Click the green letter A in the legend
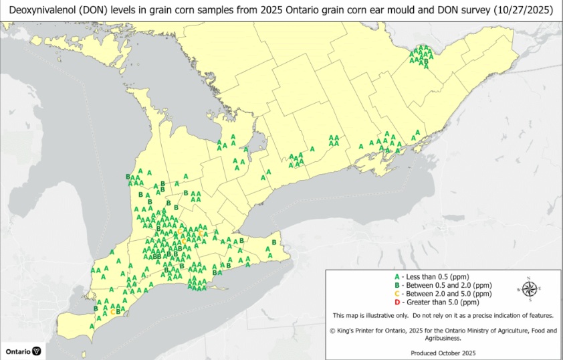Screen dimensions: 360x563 pyautogui.click(x=397, y=276)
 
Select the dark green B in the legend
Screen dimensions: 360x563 pyautogui.click(x=397, y=285)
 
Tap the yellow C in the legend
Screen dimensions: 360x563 pyautogui.click(x=397, y=293)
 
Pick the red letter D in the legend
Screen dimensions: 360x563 pyautogui.click(x=397, y=302)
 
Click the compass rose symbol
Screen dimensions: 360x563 pyautogui.click(x=528, y=289)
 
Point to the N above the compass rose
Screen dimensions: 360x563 pyautogui.click(x=528, y=278)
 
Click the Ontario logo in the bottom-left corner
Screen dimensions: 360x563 pyautogui.click(x=23, y=351)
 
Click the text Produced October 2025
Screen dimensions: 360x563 pyautogui.click(x=443, y=352)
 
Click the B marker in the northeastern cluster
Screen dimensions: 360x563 pyautogui.click(x=426, y=61)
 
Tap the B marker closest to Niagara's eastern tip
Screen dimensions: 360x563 pyautogui.click(x=274, y=242)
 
